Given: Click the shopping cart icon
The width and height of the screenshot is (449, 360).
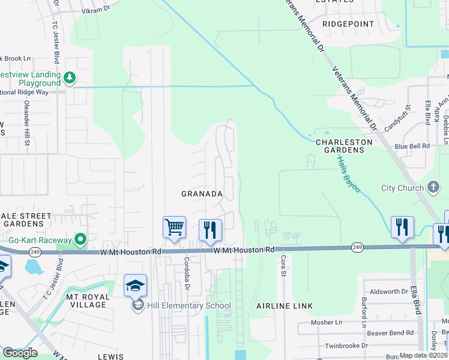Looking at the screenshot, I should [174, 227].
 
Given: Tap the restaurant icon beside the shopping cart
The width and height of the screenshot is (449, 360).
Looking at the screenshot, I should [210, 230].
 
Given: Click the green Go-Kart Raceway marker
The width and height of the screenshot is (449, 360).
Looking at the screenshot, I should [80, 240].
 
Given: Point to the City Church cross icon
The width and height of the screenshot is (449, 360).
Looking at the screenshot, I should [434, 188].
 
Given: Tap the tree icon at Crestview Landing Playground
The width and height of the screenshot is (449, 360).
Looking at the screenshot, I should [70, 77].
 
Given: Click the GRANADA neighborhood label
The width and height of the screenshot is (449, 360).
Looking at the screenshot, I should [202, 194].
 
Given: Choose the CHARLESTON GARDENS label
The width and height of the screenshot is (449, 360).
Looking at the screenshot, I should [344, 146].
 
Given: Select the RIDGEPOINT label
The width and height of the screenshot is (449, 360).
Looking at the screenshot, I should [348, 24].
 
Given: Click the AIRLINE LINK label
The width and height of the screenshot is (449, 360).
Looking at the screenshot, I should [285, 306].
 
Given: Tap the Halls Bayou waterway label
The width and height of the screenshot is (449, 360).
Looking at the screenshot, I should [348, 175].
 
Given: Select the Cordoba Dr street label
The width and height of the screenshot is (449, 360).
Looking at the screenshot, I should [187, 275].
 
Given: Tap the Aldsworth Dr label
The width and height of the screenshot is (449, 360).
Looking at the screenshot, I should [389, 292].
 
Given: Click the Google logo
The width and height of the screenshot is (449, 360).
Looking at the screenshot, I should [20, 353].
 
